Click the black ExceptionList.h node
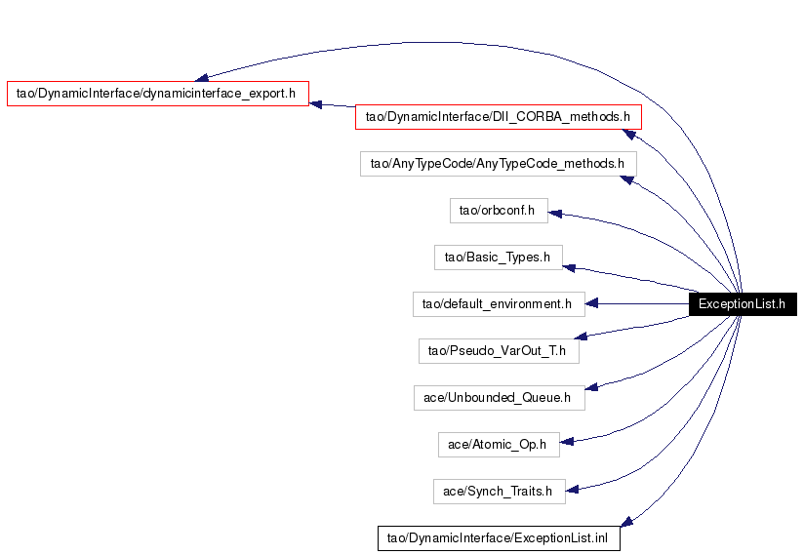[743, 304]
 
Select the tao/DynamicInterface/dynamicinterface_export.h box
[158, 94]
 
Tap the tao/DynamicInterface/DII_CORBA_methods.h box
[499, 117]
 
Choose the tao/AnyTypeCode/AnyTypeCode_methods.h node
[499, 164]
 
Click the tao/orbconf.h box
[499, 211]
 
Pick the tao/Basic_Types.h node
[499, 258]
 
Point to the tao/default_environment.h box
[499, 304]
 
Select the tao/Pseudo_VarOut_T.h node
[499, 351]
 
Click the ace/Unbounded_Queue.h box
[500, 398]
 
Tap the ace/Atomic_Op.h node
[499, 445]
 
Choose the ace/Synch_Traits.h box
[500, 492]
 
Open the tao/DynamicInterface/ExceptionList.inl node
[499, 538]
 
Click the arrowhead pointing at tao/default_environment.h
[591, 304]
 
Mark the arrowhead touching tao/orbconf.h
[555, 214]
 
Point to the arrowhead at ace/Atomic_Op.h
[567, 441]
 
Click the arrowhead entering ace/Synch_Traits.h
[572, 490]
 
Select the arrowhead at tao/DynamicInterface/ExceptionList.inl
[626, 522]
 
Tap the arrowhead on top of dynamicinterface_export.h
[201, 78]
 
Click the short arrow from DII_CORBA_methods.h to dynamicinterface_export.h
[333, 105]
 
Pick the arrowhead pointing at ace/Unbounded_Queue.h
[591, 387]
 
